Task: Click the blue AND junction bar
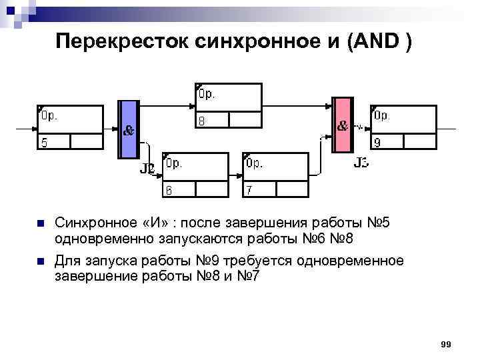[x=129, y=129]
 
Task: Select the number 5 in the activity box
[x=44, y=141]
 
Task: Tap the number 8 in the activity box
[x=201, y=120]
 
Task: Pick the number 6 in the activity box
[x=169, y=190]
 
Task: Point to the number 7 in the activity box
[x=249, y=190]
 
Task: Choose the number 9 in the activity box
[x=377, y=142]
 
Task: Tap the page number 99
[x=446, y=344]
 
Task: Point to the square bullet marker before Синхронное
[x=41, y=223]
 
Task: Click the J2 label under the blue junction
[x=147, y=169]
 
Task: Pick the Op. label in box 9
[x=382, y=115]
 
